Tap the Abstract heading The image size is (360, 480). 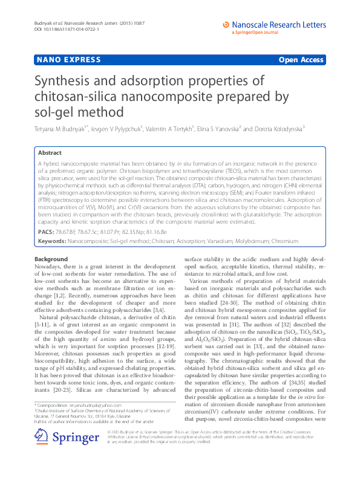pos(50,154)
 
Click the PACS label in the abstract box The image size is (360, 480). pos(46,232)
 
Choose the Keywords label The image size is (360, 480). pos(51,241)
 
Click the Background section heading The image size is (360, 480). pos(51,259)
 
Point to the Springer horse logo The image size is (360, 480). pos(41,451)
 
